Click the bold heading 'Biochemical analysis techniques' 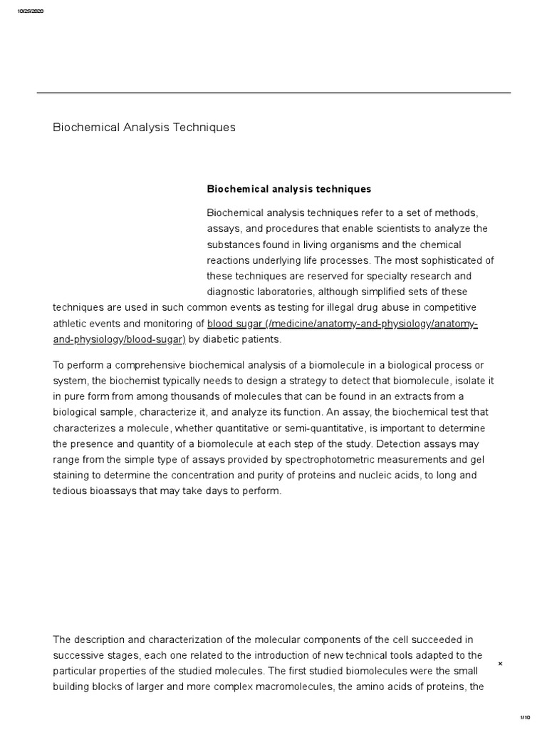pyautogui.click(x=289, y=189)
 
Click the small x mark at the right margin pyautogui.click(x=500, y=664)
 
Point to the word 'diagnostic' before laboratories pyautogui.click(x=233, y=292)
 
